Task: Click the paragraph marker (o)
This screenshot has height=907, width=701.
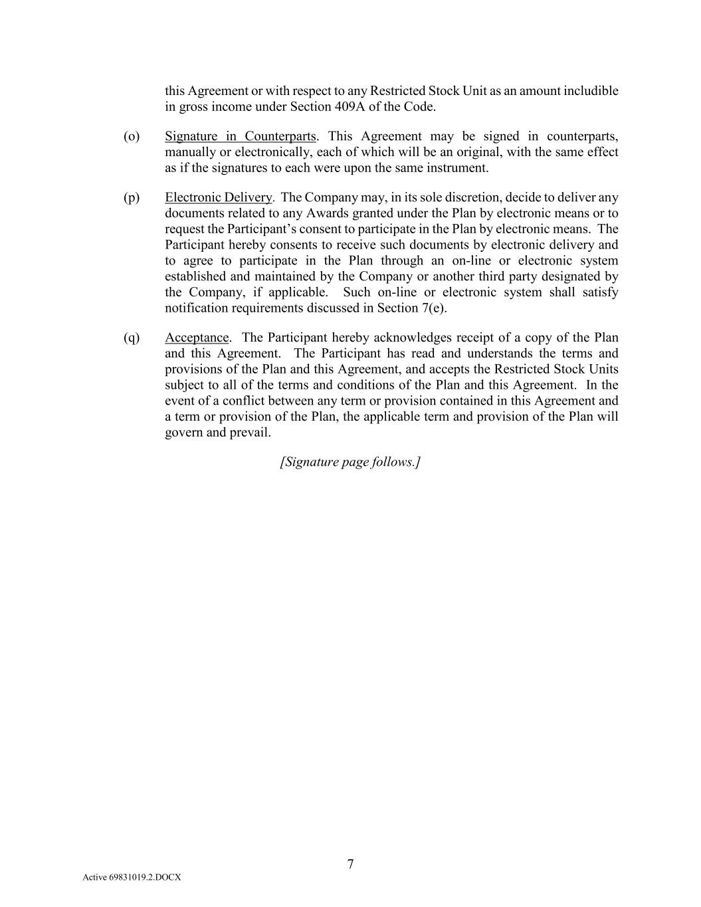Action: tap(132, 136)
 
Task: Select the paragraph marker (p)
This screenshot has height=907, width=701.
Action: tap(132, 197)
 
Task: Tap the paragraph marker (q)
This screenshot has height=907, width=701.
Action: tap(132, 338)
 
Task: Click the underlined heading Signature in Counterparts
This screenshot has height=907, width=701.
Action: tap(240, 136)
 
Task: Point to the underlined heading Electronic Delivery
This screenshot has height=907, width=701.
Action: tap(219, 197)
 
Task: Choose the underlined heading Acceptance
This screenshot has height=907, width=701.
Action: tap(197, 338)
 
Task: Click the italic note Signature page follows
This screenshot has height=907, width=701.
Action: tap(350, 462)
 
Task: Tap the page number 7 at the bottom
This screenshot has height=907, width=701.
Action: tap(350, 864)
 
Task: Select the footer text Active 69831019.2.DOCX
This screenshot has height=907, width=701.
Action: tap(132, 877)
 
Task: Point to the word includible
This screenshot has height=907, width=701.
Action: tap(590, 91)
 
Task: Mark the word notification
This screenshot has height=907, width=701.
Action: tap(197, 308)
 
